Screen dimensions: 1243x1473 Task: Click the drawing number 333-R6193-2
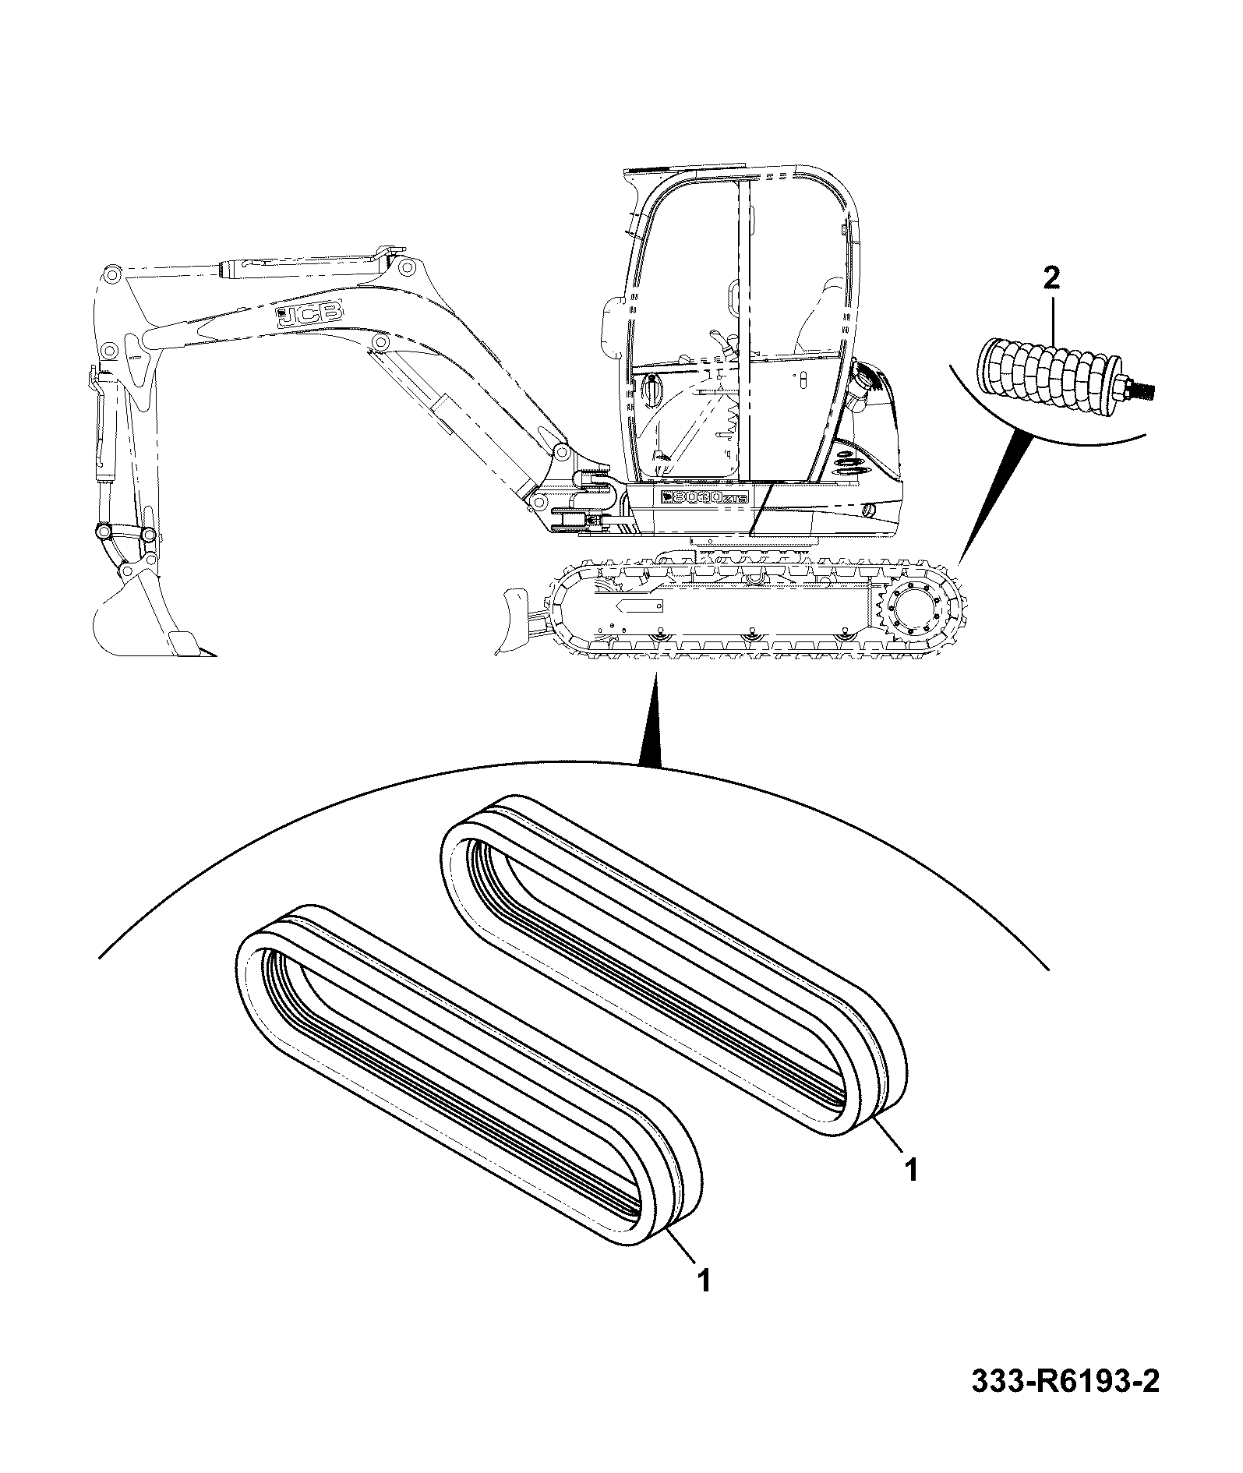pyautogui.click(x=1065, y=1403)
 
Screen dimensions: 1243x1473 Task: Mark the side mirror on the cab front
pyautogui.click(x=613, y=320)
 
